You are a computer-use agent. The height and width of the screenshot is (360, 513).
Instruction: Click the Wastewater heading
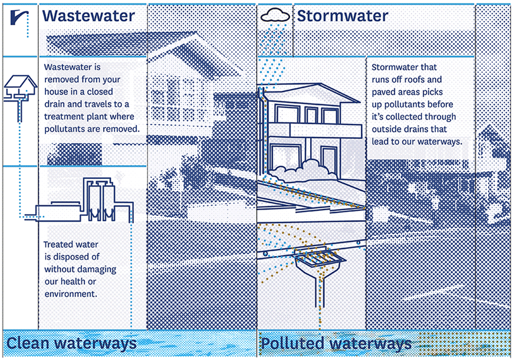pos(88,16)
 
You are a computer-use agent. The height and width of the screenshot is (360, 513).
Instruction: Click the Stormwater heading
pos(342,16)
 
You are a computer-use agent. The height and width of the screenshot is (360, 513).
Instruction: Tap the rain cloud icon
pos(275,15)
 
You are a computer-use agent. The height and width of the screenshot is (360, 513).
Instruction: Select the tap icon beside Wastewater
pos(19,17)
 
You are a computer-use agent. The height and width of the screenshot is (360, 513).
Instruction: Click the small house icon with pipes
pos(20,93)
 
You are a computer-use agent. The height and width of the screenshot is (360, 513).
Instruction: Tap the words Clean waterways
pos(71,343)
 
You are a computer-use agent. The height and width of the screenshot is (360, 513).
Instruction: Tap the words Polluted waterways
pos(336,343)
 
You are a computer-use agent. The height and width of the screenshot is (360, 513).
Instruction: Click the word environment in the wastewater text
pos(71,294)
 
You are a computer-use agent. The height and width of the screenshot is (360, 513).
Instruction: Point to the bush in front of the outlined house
pos(302,171)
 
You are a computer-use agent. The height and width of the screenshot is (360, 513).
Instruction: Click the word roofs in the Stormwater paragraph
pos(416,80)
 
